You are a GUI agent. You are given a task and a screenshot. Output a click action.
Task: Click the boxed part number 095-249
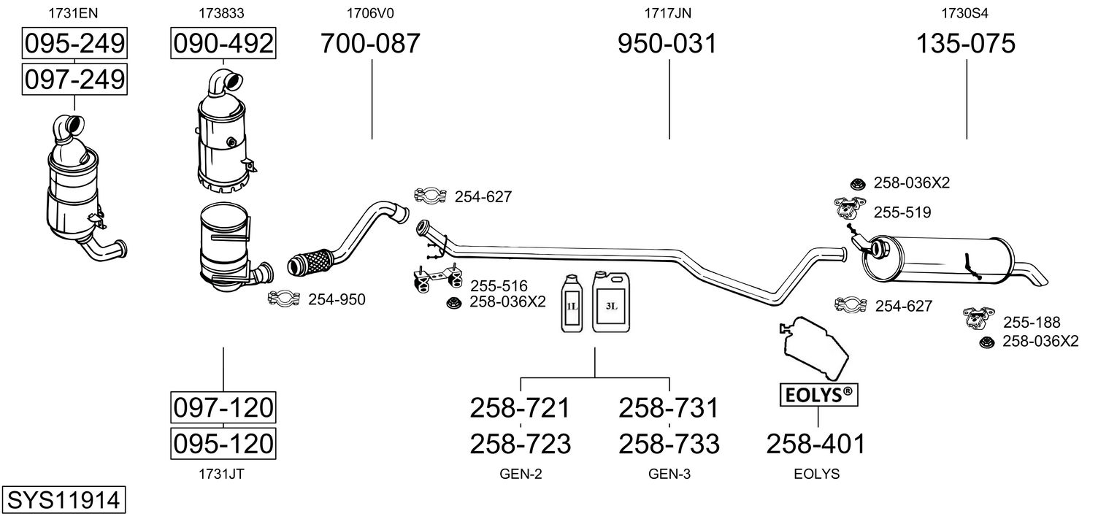point(74,45)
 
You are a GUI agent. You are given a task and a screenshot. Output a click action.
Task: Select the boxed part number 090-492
point(223,45)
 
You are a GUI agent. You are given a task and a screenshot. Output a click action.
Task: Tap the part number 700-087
point(371,45)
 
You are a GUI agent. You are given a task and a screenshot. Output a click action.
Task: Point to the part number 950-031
point(667,45)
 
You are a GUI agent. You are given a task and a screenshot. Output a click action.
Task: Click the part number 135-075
point(966,45)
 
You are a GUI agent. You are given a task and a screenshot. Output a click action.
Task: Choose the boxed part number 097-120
point(223,407)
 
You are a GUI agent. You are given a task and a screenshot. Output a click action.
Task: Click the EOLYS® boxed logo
point(818,396)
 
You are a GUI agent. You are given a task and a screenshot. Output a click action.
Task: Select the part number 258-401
point(816,442)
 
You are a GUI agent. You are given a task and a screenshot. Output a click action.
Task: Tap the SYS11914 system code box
point(63,500)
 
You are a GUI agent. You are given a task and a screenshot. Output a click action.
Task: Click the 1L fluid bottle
point(572,304)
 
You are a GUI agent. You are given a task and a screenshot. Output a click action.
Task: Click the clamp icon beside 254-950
point(284,298)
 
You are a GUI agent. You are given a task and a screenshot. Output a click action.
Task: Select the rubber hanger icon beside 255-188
point(980,318)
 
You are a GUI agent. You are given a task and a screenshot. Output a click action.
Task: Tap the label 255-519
point(902,212)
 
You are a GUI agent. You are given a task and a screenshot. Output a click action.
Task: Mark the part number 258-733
point(669,443)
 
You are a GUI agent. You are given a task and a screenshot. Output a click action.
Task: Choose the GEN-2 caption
point(521,474)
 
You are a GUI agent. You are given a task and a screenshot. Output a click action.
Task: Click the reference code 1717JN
point(667,12)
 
